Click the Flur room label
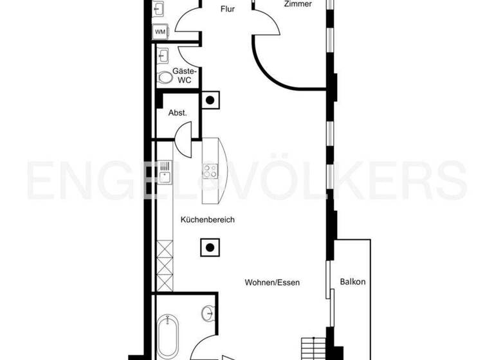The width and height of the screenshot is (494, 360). coord(227,9)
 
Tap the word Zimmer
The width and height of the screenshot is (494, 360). coord(298,4)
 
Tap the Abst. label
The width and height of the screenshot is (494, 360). coord(178,113)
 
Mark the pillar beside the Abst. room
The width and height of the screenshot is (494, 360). coord(210,100)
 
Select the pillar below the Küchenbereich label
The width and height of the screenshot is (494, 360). coord(209,247)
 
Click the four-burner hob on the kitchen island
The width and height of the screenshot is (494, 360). coord(210,171)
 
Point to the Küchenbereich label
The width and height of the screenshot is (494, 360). coord(208,220)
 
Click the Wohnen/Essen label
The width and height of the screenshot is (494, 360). coord(272,282)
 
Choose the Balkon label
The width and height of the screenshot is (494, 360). coord(352,282)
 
